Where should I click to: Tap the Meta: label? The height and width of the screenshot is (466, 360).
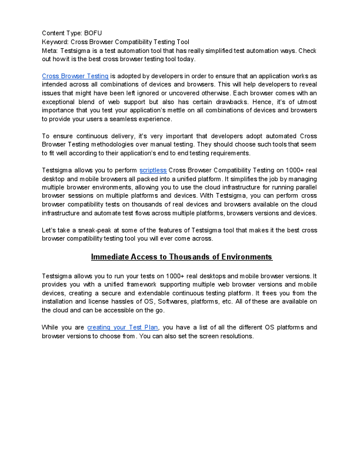pos(52,51)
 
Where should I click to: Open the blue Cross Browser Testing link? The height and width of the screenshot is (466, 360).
pos(75,76)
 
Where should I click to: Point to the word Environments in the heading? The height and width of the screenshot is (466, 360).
pos(243,257)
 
